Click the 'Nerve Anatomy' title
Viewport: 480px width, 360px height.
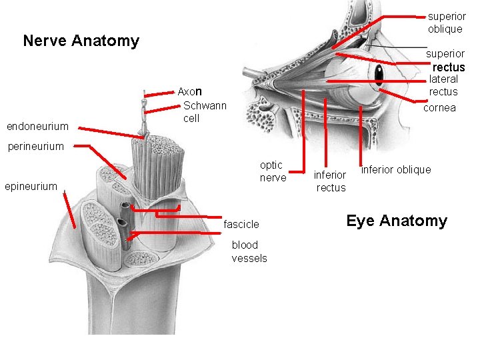81,41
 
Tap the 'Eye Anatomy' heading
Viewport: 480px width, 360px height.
397,221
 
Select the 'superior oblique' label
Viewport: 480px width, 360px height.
446,22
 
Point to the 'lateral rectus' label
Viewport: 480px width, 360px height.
443,85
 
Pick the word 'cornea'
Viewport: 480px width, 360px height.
440,107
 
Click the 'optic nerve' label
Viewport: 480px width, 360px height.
273,171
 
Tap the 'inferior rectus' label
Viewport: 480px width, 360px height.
330,181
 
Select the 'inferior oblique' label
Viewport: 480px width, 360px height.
396,169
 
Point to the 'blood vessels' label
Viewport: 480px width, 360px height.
249,251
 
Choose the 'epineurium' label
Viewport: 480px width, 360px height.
31,186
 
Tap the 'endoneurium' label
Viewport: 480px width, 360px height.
37,126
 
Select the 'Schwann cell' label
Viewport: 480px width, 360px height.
204,111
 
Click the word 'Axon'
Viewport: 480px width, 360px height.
189,91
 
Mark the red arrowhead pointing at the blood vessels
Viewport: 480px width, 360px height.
132,235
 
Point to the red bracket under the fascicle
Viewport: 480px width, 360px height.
155,214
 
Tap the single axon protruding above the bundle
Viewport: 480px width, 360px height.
143,113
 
